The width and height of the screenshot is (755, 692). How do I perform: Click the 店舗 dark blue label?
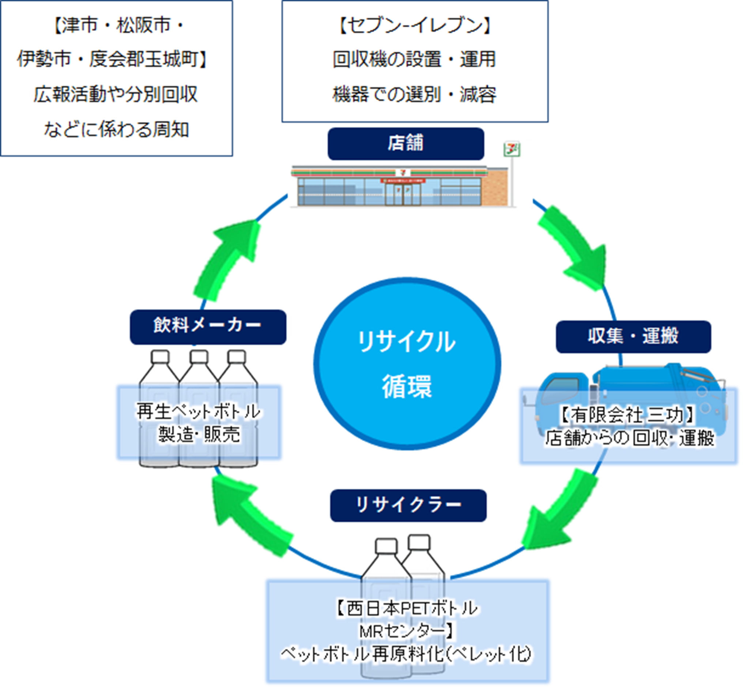click(405, 144)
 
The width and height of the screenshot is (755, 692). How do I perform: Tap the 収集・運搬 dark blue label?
click(633, 337)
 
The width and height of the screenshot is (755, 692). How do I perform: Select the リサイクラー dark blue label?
click(408, 506)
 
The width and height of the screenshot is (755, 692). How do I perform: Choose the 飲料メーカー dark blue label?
click(208, 326)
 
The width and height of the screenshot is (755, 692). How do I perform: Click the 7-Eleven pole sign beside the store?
click(511, 150)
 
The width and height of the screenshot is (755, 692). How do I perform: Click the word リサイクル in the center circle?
click(407, 342)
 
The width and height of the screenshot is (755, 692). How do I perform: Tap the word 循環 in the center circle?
click(407, 386)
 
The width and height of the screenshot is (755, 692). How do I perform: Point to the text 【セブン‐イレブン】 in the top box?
click(415, 26)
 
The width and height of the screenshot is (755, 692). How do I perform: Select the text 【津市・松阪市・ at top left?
click(117, 26)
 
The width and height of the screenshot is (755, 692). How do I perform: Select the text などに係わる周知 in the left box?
click(116, 130)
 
